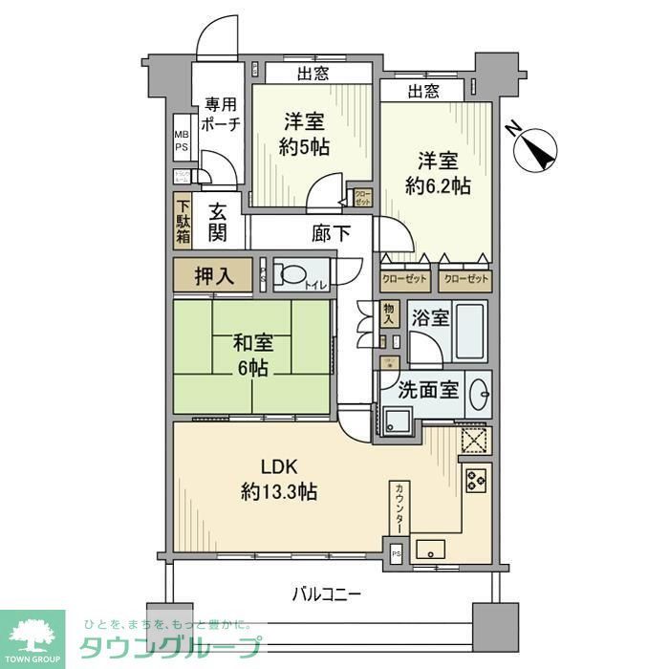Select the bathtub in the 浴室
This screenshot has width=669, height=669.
click(470, 331)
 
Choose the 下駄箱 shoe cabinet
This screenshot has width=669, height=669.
click(182, 221)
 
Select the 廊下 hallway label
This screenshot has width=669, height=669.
click(329, 232)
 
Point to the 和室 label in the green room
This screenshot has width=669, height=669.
click(252, 342)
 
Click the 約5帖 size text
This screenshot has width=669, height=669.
click(305, 148)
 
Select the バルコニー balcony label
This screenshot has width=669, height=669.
click(327, 594)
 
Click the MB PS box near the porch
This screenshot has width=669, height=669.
click(181, 141)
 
